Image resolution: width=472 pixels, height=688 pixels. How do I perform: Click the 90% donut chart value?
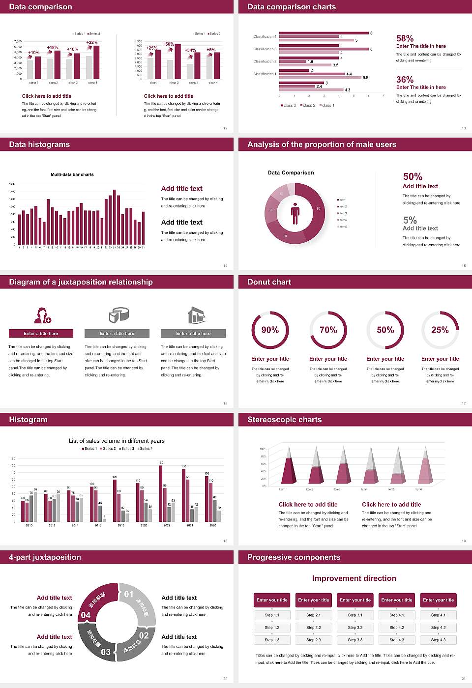click(270, 330)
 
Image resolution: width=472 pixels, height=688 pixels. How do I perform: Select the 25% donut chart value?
click(440, 330)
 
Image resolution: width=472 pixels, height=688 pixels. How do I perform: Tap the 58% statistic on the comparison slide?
click(405, 38)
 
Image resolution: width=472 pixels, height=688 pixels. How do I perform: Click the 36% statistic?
click(405, 80)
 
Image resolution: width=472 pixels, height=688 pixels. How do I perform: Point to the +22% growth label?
click(92, 42)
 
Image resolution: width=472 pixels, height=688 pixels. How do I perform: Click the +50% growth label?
click(168, 44)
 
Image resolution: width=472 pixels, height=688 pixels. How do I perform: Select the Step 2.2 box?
click(314, 628)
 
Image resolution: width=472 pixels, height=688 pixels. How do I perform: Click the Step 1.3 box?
click(272, 640)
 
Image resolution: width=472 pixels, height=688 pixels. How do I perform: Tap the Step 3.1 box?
click(355, 615)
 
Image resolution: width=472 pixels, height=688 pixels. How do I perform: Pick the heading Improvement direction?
click(354, 578)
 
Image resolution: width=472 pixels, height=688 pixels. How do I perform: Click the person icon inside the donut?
click(295, 213)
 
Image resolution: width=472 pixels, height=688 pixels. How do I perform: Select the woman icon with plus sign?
click(42, 315)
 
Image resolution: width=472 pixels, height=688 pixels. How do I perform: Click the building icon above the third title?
click(196, 315)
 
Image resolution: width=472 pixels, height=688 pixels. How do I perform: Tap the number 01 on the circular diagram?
click(129, 594)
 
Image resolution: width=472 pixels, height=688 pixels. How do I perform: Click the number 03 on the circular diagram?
click(106, 652)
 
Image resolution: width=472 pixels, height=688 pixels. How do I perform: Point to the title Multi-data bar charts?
click(72, 174)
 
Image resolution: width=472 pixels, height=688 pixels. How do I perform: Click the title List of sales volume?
click(117, 441)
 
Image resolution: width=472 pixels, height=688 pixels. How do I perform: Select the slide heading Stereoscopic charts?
click(284, 420)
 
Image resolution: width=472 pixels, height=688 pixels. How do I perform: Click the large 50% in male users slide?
click(413, 176)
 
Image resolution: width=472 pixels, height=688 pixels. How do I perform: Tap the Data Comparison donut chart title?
click(291, 172)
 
